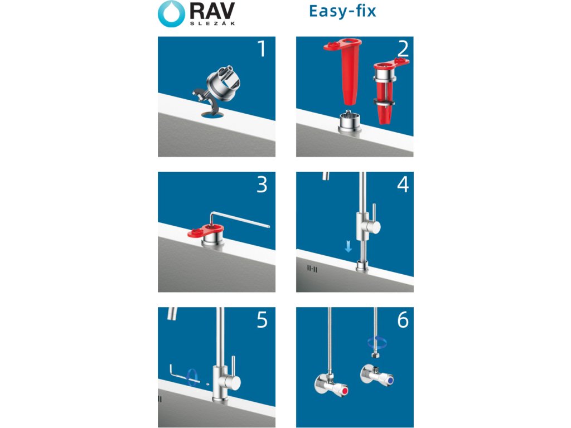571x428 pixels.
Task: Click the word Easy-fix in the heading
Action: tap(342, 11)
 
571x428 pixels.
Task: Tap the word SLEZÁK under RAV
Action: tap(212, 23)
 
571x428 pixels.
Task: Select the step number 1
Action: tap(262, 49)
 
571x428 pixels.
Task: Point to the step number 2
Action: tap(403, 49)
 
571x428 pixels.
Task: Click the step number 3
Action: tap(262, 184)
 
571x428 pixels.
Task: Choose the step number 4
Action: tap(403, 184)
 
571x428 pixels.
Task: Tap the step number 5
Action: tap(262, 320)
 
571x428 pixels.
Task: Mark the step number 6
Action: tap(403, 320)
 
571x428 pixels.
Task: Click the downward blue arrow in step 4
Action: tap(348, 247)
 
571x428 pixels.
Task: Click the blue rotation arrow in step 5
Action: tap(192, 378)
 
